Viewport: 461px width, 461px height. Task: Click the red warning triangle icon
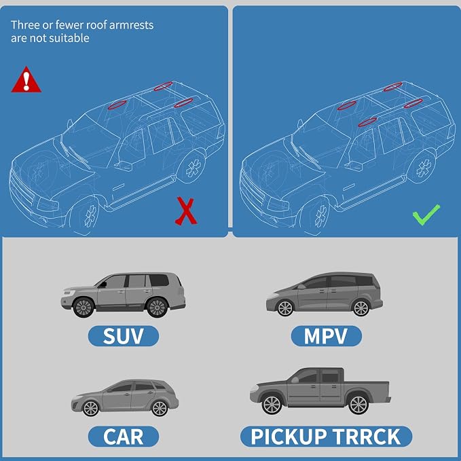click(x=26, y=80)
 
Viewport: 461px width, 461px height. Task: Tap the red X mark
click(x=186, y=211)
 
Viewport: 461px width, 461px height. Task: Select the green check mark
click(x=426, y=215)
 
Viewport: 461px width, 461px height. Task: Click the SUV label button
click(x=124, y=336)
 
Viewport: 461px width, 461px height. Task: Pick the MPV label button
click(x=327, y=336)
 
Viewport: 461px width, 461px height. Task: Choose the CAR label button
click(x=124, y=437)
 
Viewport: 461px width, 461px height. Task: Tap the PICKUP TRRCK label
click(x=326, y=437)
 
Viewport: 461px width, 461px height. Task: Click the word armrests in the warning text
click(x=131, y=25)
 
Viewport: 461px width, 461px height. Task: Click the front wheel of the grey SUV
click(x=84, y=308)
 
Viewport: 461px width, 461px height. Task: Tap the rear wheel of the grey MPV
click(x=361, y=308)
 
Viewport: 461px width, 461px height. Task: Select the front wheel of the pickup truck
click(x=272, y=405)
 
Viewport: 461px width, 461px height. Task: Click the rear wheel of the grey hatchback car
click(x=160, y=408)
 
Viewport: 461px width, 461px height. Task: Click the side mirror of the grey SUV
click(x=103, y=284)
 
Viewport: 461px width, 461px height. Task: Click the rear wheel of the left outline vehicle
click(x=193, y=168)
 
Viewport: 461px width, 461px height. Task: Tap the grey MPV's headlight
click(x=273, y=295)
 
